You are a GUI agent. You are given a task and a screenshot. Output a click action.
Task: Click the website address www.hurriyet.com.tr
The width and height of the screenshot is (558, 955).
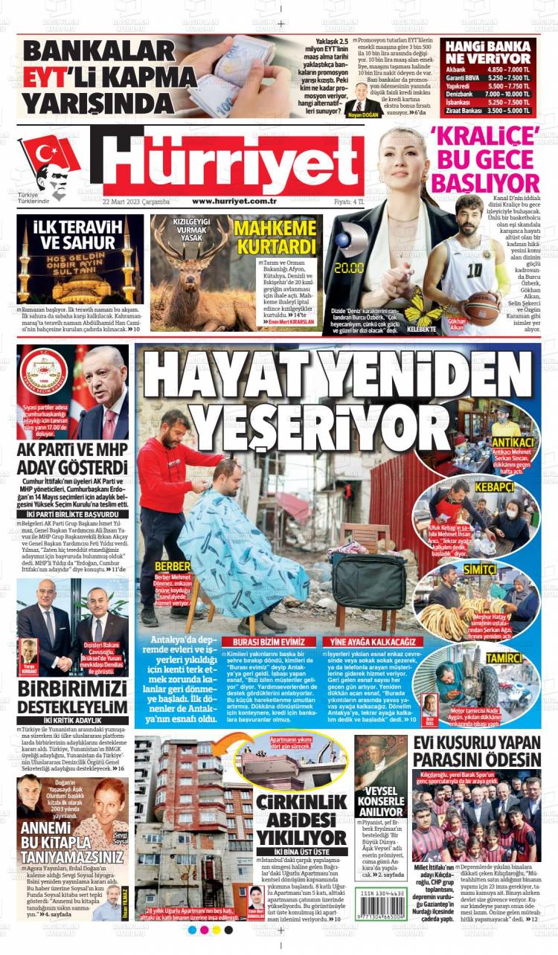pyautogui.click(x=234, y=201)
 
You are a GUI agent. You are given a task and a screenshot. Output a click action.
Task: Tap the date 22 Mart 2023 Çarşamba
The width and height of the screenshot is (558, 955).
pyautogui.click(x=136, y=202)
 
